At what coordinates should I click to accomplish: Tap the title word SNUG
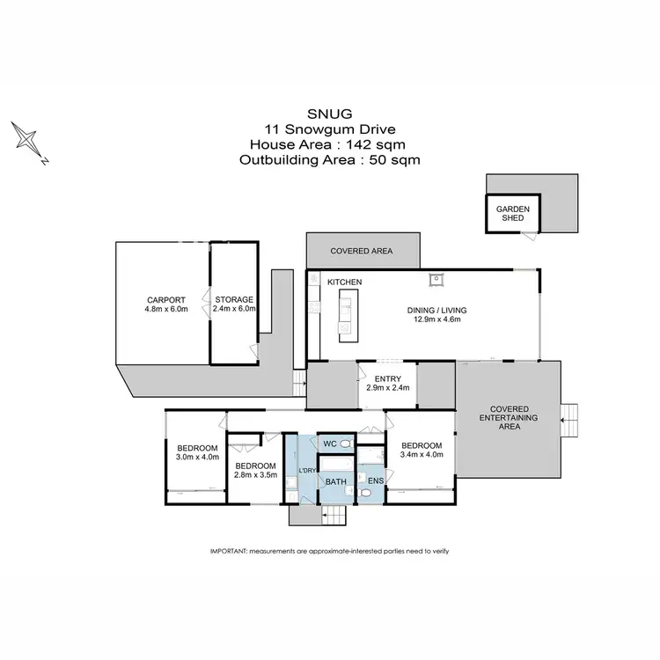click(329, 113)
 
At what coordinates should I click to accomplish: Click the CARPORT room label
click(166, 299)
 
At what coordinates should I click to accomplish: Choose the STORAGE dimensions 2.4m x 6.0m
click(234, 310)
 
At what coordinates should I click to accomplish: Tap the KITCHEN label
click(345, 282)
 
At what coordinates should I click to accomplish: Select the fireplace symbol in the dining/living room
click(435, 281)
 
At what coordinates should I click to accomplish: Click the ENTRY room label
click(387, 379)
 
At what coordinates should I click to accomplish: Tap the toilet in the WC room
click(347, 444)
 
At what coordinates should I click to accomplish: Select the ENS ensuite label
click(376, 481)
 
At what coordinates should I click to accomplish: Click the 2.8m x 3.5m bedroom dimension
click(255, 475)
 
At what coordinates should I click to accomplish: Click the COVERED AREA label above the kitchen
click(361, 251)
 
